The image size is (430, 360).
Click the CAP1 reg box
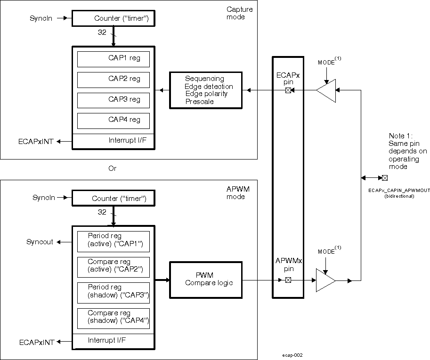(x=113, y=59)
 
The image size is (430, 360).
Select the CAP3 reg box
(x=113, y=100)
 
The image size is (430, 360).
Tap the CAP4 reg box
(x=113, y=120)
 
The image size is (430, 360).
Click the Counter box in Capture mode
(x=113, y=18)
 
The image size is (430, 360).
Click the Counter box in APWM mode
(x=113, y=199)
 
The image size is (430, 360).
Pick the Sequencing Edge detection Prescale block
(x=206, y=90)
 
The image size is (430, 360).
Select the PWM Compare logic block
(x=206, y=280)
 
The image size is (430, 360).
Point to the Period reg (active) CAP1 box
(x=113, y=241)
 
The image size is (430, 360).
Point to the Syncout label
(x=40, y=241)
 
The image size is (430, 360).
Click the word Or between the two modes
(x=112, y=168)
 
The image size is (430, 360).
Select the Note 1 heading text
(x=400, y=136)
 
